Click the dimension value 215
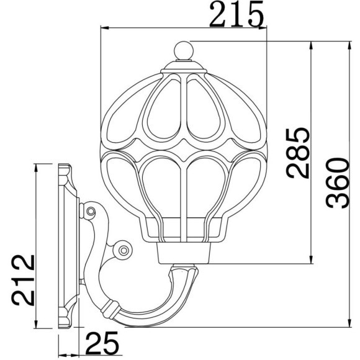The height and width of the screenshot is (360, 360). click(x=236, y=14)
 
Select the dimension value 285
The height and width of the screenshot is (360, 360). click(x=298, y=153)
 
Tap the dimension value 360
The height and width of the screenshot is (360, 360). click(x=338, y=183)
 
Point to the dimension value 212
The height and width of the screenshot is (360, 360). click(x=23, y=280)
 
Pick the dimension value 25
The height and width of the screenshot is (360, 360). click(x=102, y=343)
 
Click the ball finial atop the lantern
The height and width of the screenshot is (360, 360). click(x=184, y=50)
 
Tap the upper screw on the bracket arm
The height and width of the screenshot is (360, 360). click(x=91, y=211)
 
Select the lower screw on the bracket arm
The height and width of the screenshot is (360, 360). click(x=124, y=250)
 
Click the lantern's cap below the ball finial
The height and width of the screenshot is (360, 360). click(x=184, y=67)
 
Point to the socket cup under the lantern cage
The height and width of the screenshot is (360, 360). click(x=184, y=253)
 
